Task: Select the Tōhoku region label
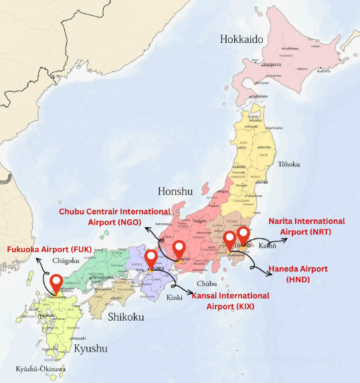pos(288,164)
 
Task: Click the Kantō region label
pos(268,247)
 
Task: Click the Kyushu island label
pos(90,348)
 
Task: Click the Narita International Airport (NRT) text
pos(306,226)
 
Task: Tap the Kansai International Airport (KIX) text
pos(231,300)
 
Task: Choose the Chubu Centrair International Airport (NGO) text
pos(114,217)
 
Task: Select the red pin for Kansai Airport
pos(151,259)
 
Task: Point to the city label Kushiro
pos(323,70)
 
